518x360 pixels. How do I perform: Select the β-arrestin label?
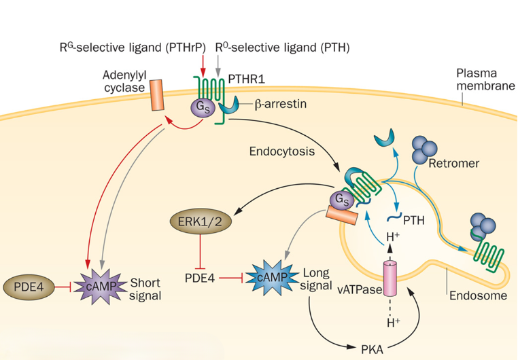click(282, 105)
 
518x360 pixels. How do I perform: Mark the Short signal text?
click(146, 289)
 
